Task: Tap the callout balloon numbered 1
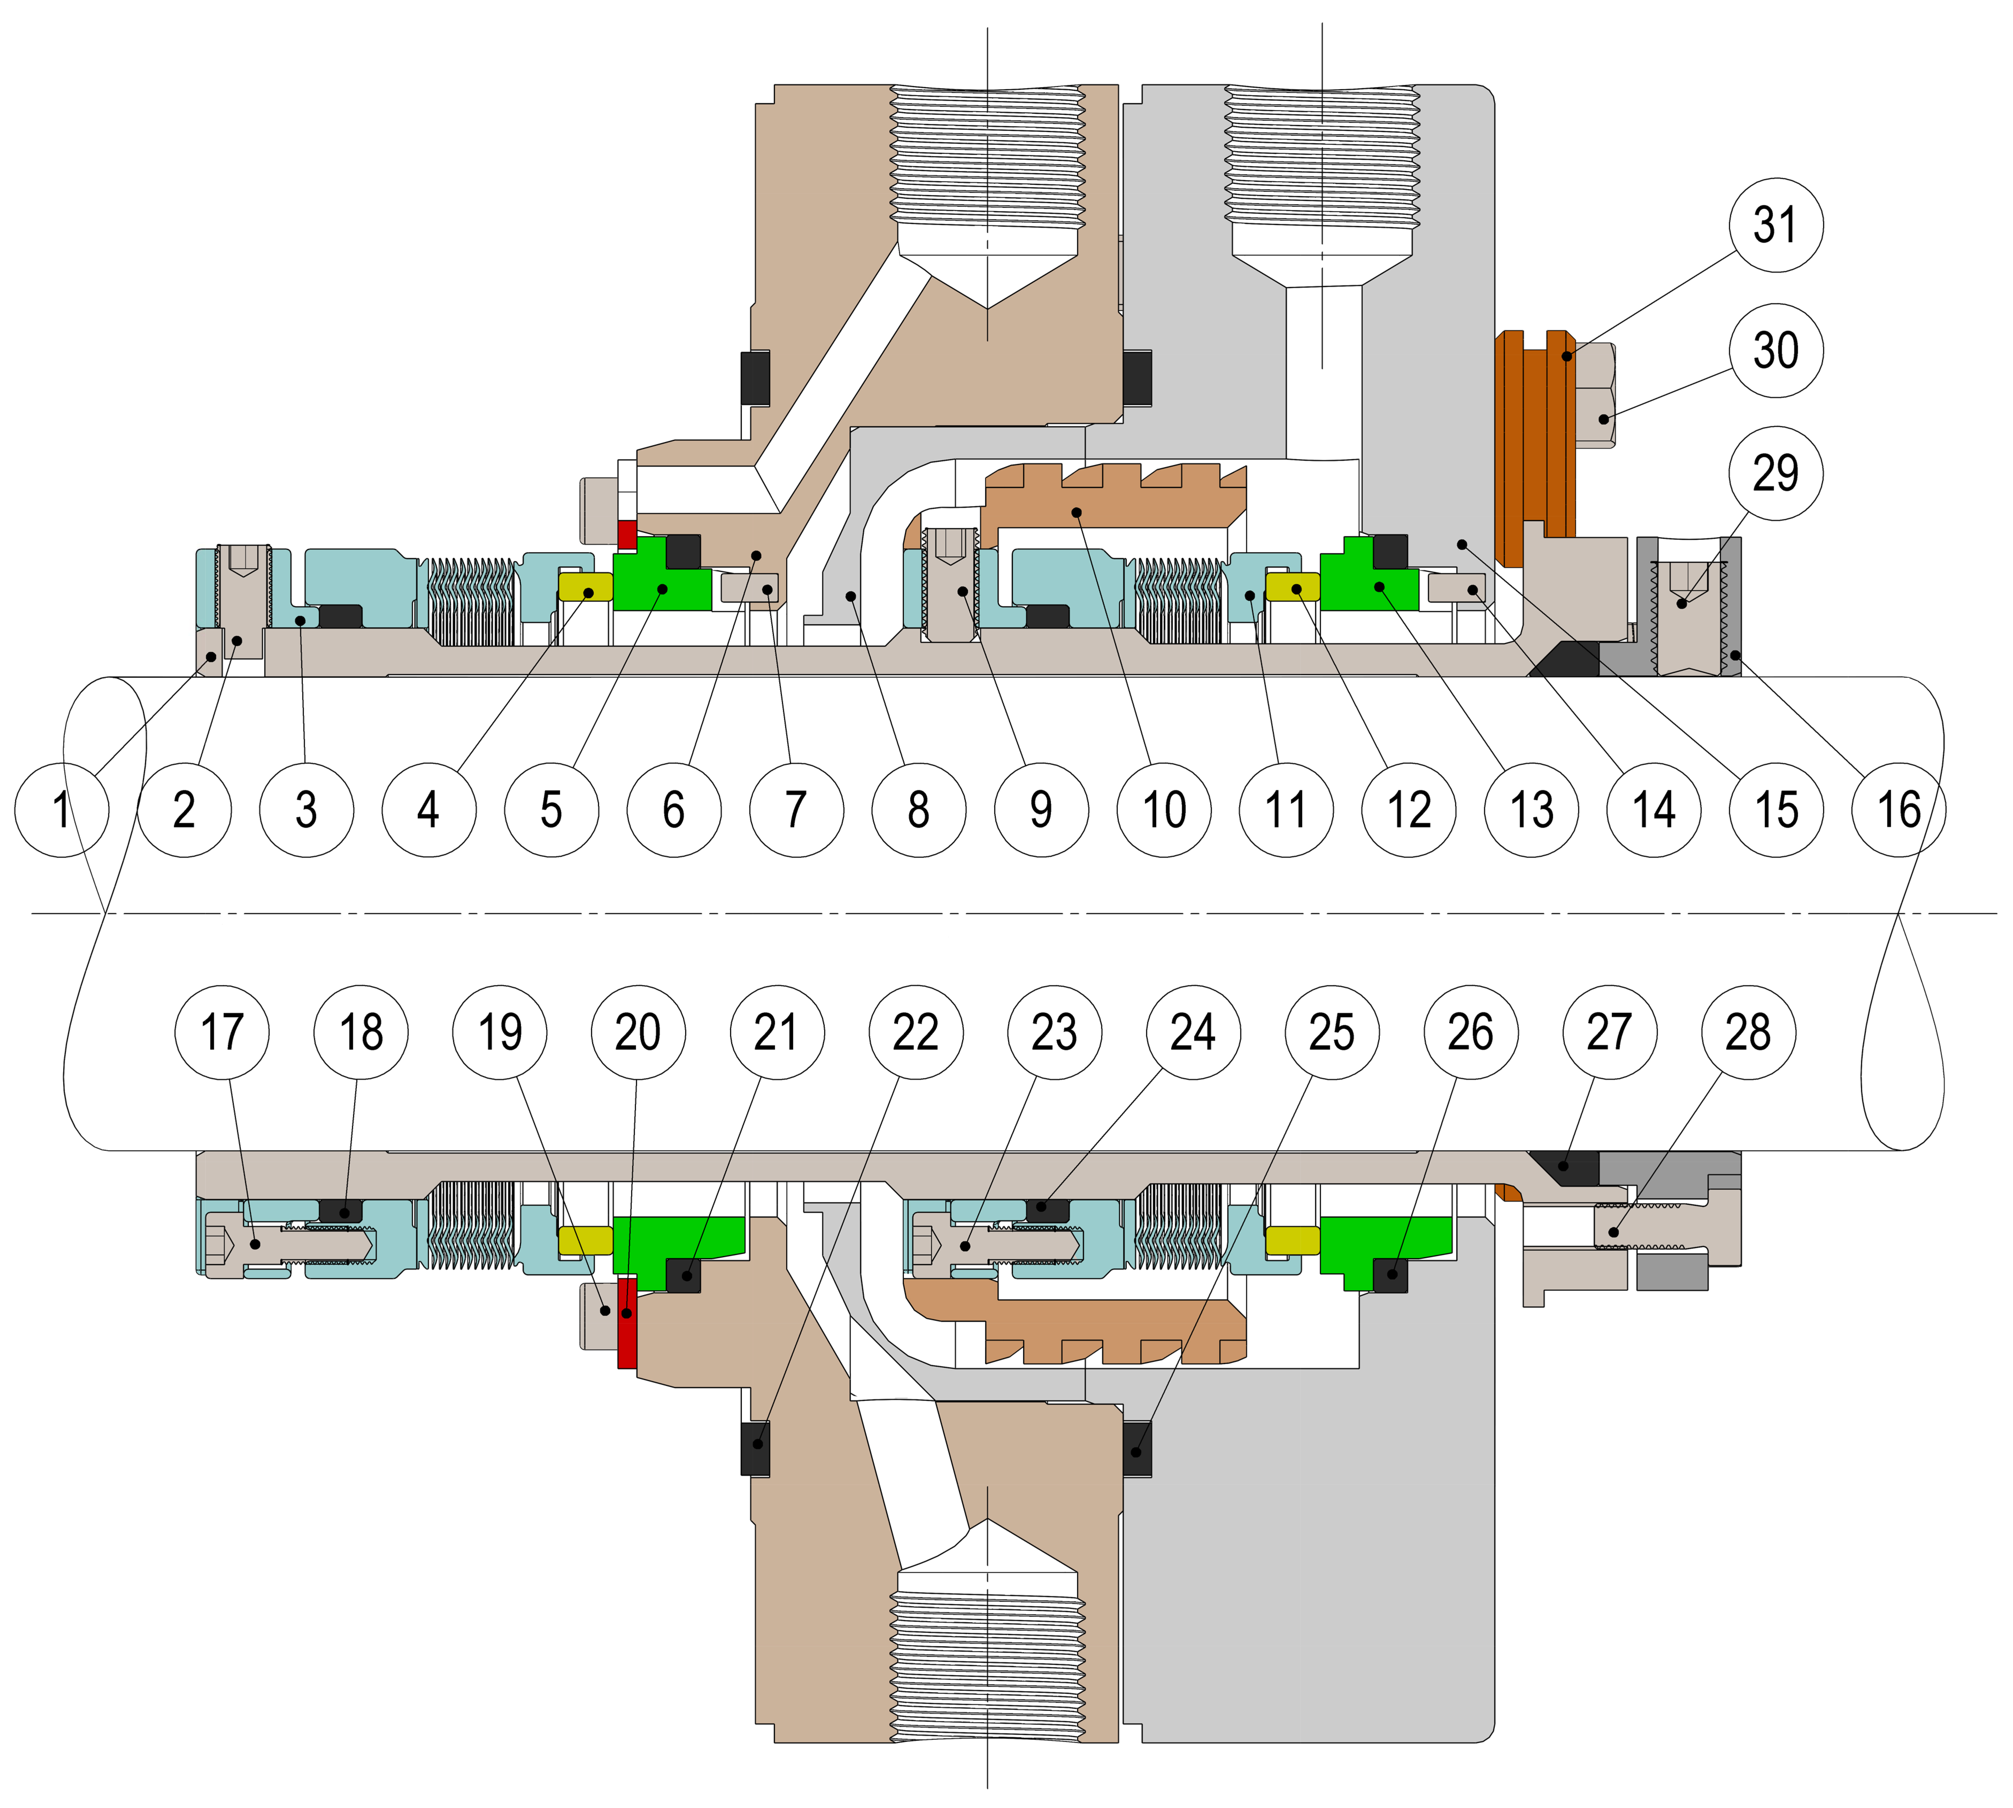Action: tap(61, 810)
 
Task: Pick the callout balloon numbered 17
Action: tap(222, 1032)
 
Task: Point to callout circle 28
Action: tap(1748, 1032)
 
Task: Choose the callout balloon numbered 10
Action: tap(1163, 810)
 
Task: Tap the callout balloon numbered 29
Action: tap(1776, 473)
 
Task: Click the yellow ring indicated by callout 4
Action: tap(586, 588)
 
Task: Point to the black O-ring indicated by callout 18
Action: tap(341, 1211)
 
